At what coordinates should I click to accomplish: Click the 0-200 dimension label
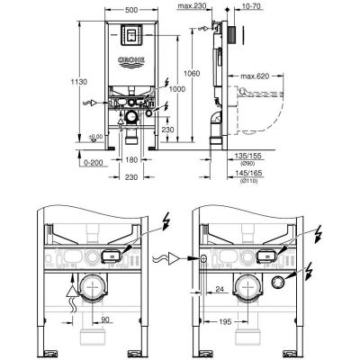[78, 163]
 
